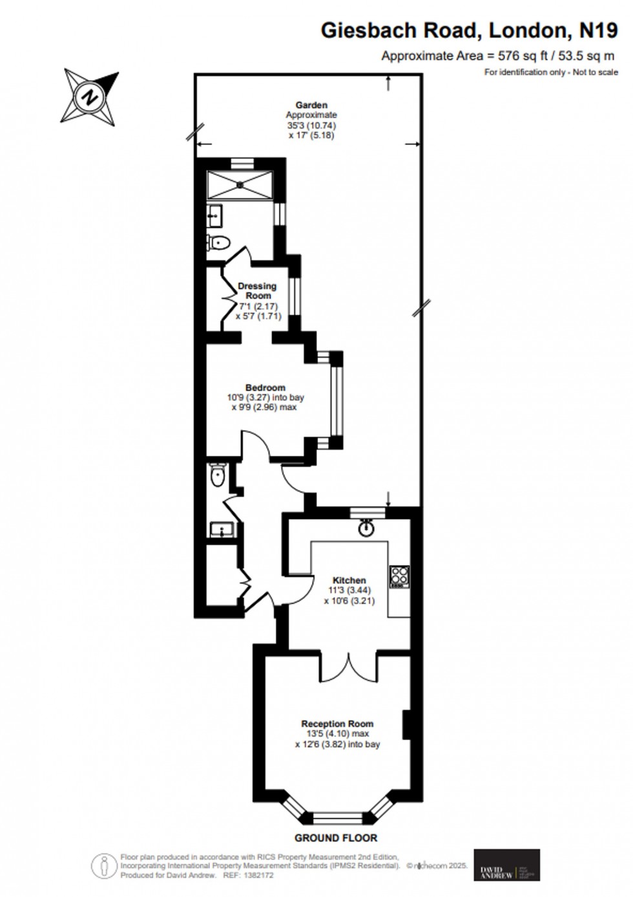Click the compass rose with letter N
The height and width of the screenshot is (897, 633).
coord(90,97)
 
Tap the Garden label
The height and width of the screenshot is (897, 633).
coord(311,105)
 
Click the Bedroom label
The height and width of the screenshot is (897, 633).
coord(265,387)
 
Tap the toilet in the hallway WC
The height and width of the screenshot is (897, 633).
coord(217,477)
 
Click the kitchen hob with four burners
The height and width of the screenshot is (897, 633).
coord(399,577)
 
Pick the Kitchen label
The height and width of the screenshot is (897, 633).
coord(349,580)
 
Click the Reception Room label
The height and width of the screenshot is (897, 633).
coord(337,724)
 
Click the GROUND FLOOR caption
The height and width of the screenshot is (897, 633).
coord(336,838)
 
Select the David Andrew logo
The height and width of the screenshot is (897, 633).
coord(507,865)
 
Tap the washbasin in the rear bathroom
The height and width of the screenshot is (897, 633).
coord(215,215)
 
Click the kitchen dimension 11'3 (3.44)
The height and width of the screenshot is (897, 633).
coord(349,590)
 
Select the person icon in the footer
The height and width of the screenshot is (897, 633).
coord(101,865)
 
